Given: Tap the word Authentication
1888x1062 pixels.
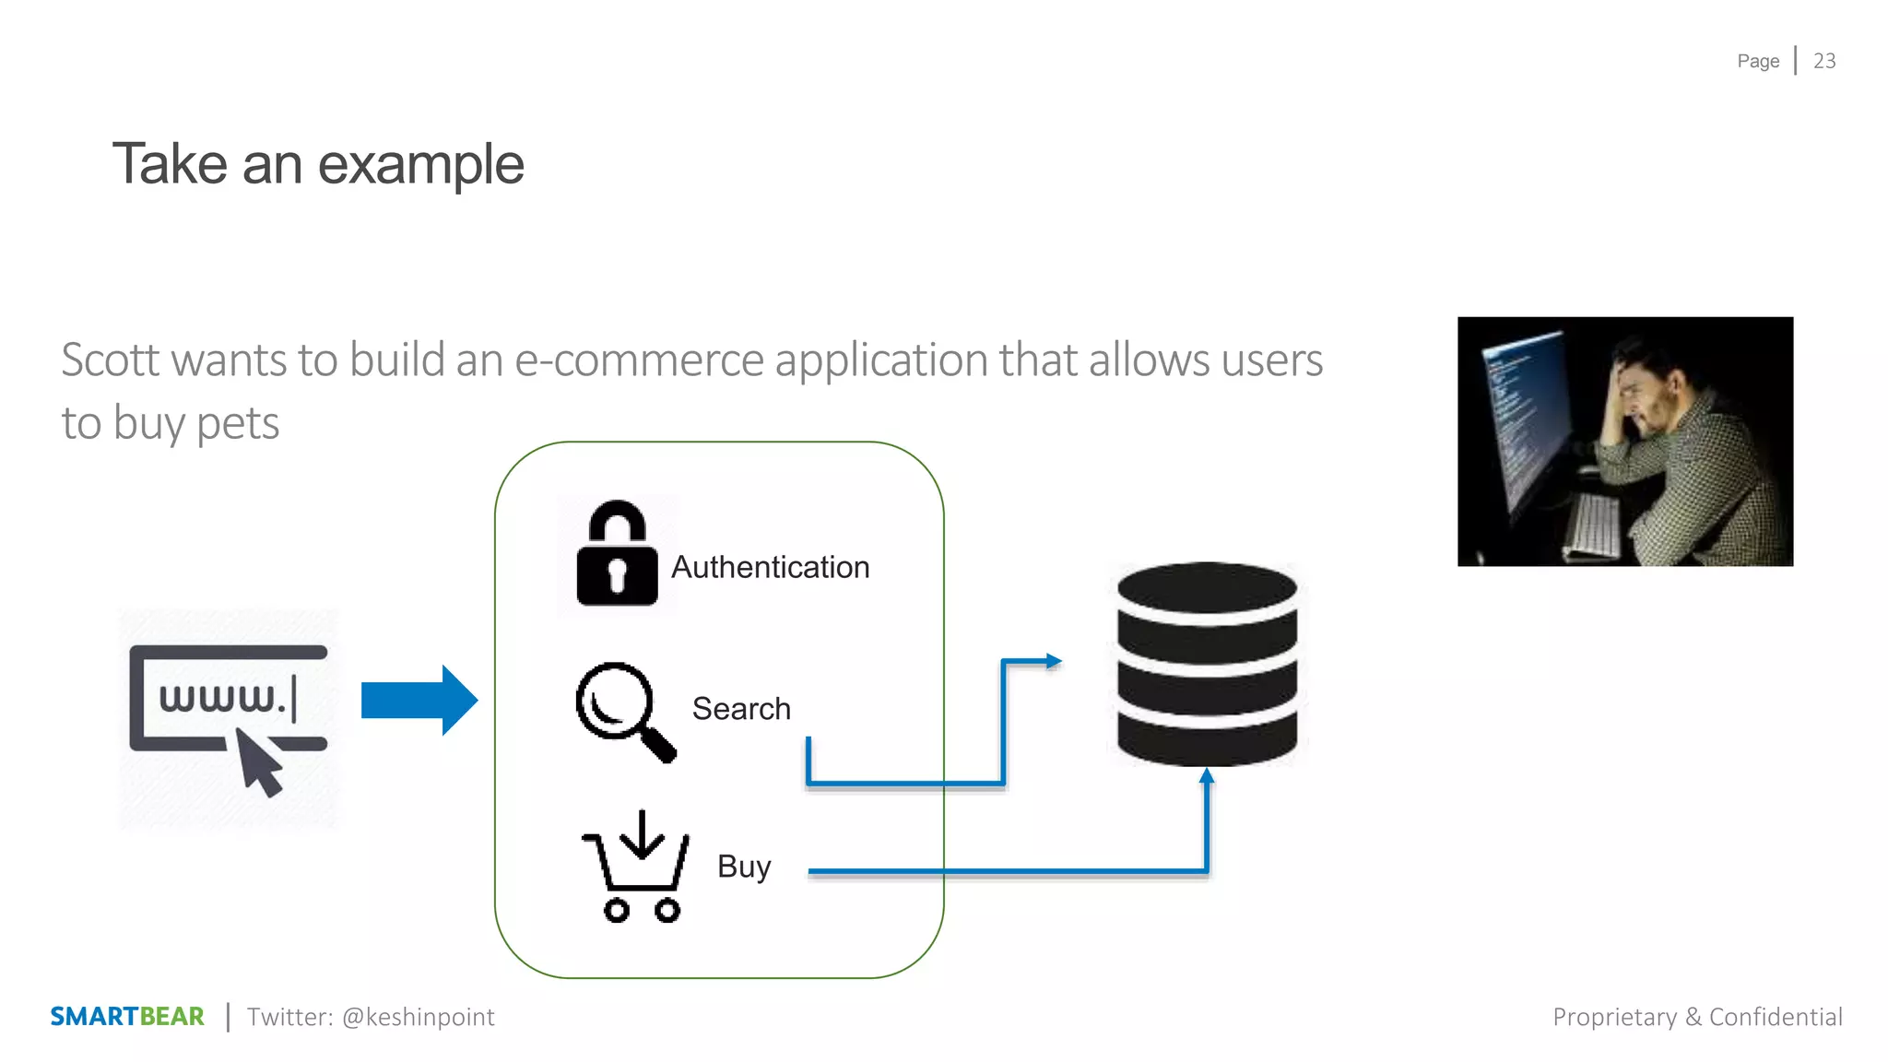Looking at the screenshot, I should click(770, 567).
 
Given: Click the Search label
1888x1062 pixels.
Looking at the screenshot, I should click(741, 709).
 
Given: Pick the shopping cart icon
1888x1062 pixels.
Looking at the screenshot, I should click(636, 867).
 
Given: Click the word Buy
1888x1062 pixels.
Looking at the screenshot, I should click(744, 867).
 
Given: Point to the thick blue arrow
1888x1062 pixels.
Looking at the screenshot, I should click(419, 701).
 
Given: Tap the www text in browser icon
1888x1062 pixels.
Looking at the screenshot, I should click(221, 698).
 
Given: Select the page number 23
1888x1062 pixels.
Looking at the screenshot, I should click(1824, 61).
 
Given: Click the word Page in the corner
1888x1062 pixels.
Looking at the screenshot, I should click(1758, 62).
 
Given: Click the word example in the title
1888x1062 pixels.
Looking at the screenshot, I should click(420, 165).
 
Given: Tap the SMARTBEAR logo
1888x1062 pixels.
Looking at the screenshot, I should click(127, 1016).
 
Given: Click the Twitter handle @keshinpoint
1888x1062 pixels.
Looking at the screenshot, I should click(418, 1017).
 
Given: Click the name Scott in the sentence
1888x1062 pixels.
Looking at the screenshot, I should click(111, 360).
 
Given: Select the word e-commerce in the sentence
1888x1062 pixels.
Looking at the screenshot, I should click(639, 360).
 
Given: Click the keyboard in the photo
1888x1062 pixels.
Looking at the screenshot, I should click(1592, 525).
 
